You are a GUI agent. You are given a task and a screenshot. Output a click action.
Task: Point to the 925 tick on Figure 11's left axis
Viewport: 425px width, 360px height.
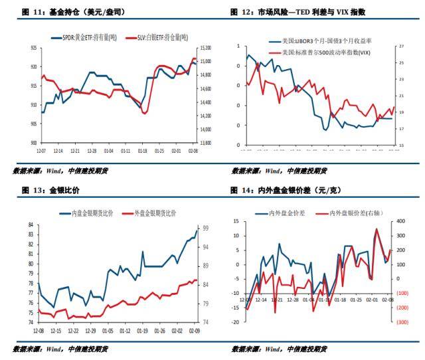pyautogui.click(x=33, y=48)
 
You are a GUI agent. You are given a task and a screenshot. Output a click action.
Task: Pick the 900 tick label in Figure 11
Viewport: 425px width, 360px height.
pyautogui.click(x=33, y=143)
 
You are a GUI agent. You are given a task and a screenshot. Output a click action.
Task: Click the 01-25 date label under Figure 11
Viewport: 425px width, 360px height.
pyautogui.click(x=159, y=151)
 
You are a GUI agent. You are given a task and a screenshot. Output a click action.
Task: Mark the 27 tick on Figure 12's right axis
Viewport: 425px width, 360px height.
pyautogui.click(x=401, y=46)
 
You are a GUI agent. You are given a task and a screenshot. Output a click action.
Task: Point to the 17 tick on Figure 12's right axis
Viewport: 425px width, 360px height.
pyautogui.click(x=401, y=128)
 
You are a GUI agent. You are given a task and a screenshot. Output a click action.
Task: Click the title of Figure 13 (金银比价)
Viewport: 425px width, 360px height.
pyautogui.click(x=46, y=191)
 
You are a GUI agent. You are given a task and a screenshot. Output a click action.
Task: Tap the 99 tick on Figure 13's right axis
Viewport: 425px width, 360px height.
pyautogui.click(x=206, y=228)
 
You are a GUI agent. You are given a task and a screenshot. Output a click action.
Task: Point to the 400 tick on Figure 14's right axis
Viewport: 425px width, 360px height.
pyautogui.click(x=402, y=221)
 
